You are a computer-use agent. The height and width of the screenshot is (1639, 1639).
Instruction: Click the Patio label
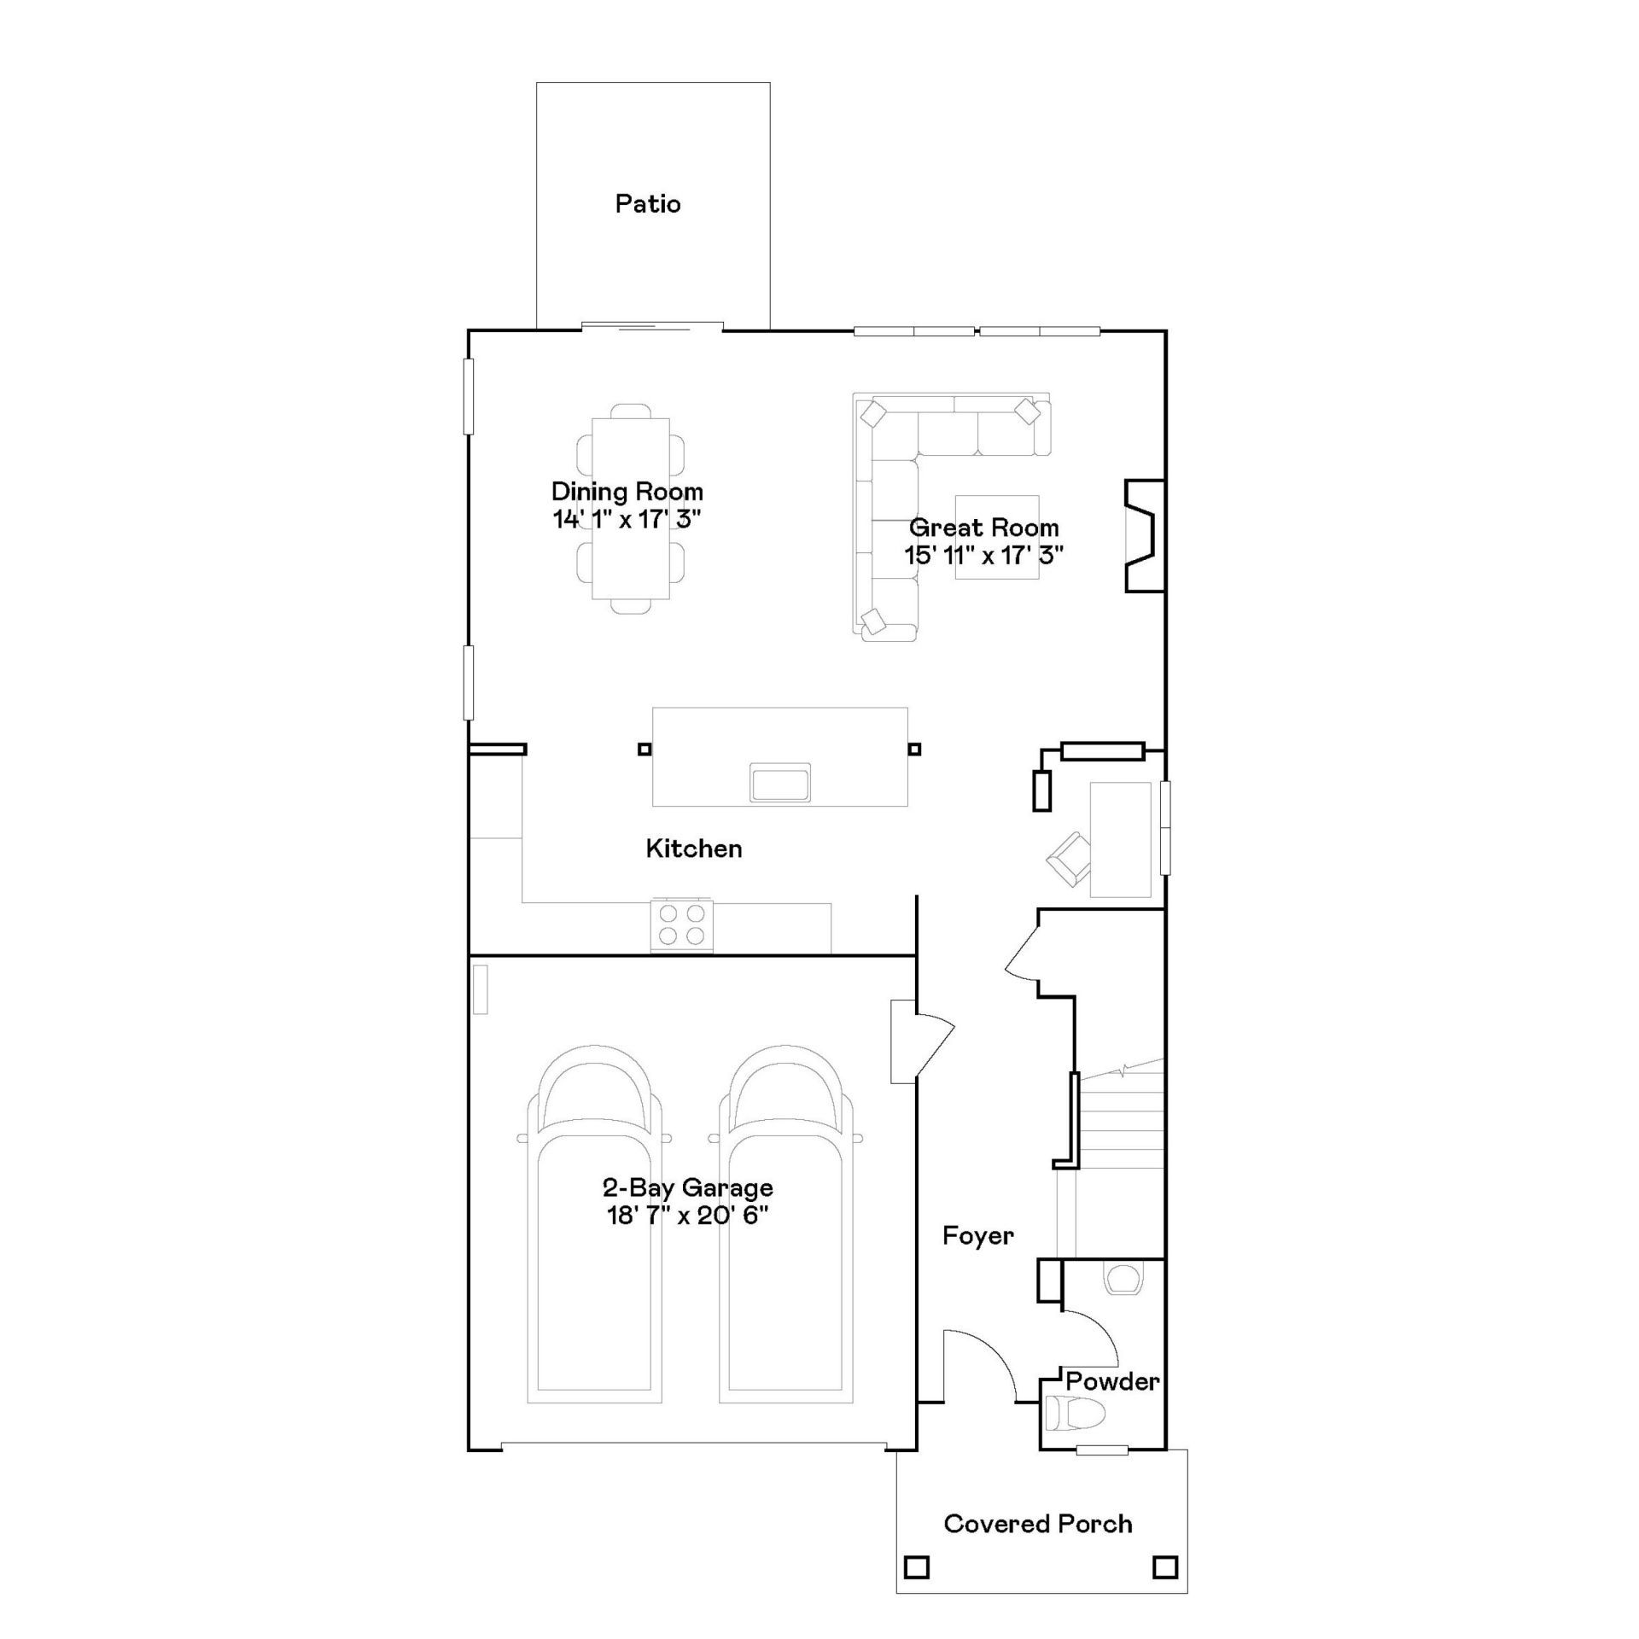pyautogui.click(x=648, y=204)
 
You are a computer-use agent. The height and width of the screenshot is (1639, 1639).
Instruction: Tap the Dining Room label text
pyautogui.click(x=627, y=492)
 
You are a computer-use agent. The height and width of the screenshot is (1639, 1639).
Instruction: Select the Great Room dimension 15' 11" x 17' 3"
pyautogui.click(x=984, y=556)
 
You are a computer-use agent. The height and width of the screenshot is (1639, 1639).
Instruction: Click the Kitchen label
pyautogui.click(x=694, y=849)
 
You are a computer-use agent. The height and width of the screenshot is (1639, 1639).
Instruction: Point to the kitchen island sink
pyautogui.click(x=780, y=783)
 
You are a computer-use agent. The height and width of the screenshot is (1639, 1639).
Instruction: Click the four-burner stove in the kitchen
pyautogui.click(x=682, y=924)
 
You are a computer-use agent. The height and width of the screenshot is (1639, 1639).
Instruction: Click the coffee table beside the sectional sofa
pyautogui.click(x=997, y=537)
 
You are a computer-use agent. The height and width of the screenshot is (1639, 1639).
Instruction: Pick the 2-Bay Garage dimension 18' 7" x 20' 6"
pyautogui.click(x=688, y=1216)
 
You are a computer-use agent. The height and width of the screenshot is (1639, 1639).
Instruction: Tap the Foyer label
pyautogui.click(x=978, y=1235)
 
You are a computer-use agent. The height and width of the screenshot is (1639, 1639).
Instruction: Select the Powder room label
pyautogui.click(x=1112, y=1380)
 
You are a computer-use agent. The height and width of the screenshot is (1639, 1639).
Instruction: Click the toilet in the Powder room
pyautogui.click(x=1076, y=1414)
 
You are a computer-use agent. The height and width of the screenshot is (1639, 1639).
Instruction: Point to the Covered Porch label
pyautogui.click(x=1038, y=1524)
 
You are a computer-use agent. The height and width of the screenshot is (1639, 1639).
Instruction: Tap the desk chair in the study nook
pyautogui.click(x=1069, y=859)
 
